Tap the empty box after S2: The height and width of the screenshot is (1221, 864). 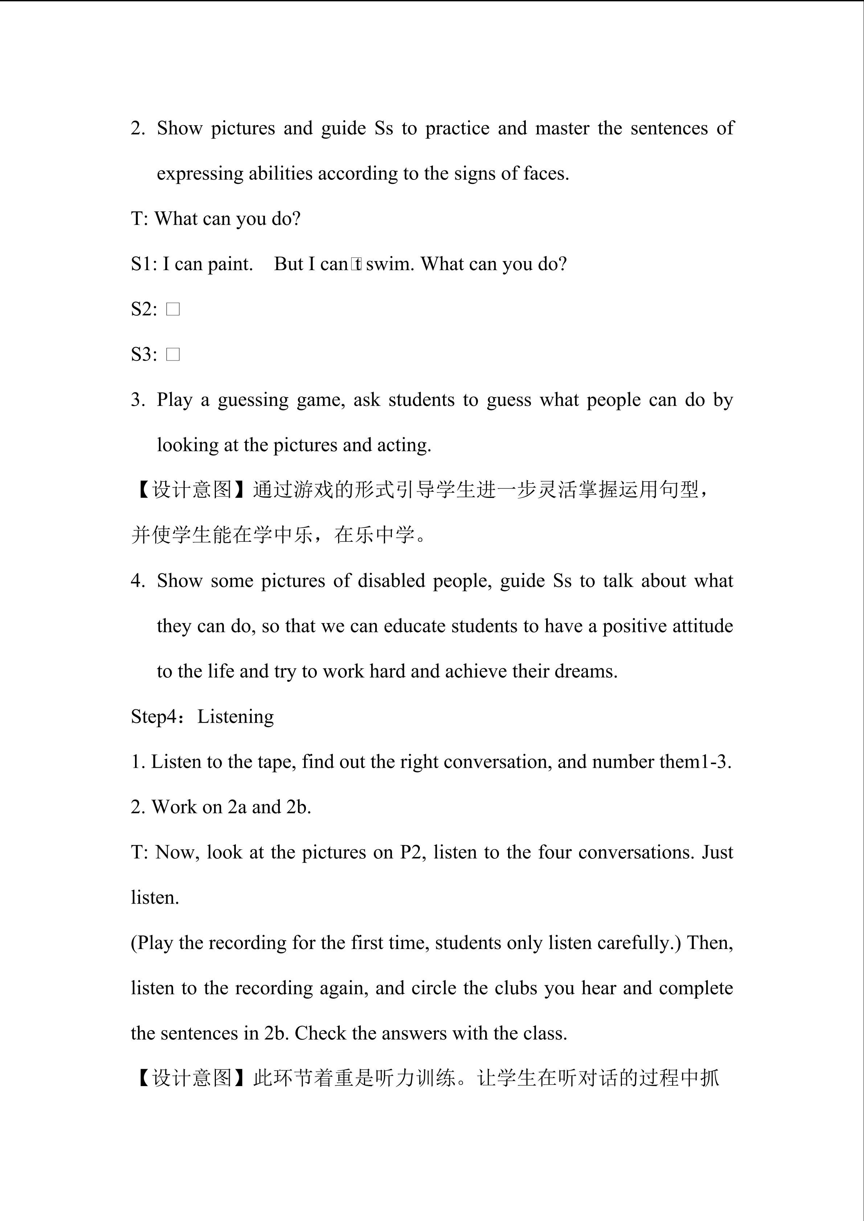pyautogui.click(x=173, y=309)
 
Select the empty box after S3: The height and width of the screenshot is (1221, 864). pyautogui.click(x=173, y=354)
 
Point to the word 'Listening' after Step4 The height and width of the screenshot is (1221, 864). pyautogui.click(x=235, y=717)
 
